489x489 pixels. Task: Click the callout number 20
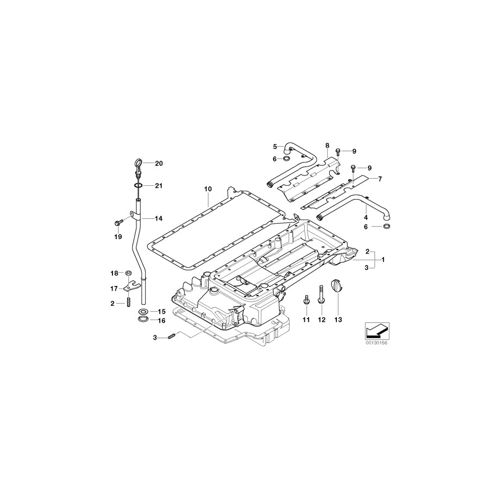(x=159, y=164)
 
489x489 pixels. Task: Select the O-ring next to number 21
(x=139, y=186)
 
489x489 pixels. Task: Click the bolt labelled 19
(x=117, y=222)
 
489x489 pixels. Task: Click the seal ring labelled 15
(x=143, y=311)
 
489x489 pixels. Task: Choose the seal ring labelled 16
(x=143, y=320)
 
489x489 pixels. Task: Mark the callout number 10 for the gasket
(x=208, y=189)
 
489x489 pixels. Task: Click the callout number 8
(x=327, y=146)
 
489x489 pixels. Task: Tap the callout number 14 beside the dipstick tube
(x=159, y=219)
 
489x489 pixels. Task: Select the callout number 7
(x=380, y=179)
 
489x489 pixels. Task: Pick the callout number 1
(x=383, y=260)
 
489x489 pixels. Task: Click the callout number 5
(x=275, y=146)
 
